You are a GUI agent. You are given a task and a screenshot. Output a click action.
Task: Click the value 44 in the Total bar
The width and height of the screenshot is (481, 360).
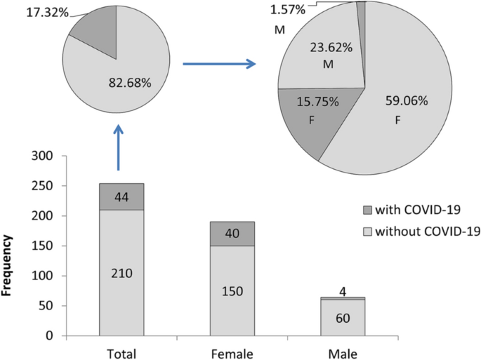pos(121,197)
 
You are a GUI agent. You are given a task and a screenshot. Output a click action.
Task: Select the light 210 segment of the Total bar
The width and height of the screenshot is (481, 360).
pos(121,273)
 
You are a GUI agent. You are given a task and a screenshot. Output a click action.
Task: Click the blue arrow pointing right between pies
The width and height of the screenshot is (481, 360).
pos(218,65)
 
